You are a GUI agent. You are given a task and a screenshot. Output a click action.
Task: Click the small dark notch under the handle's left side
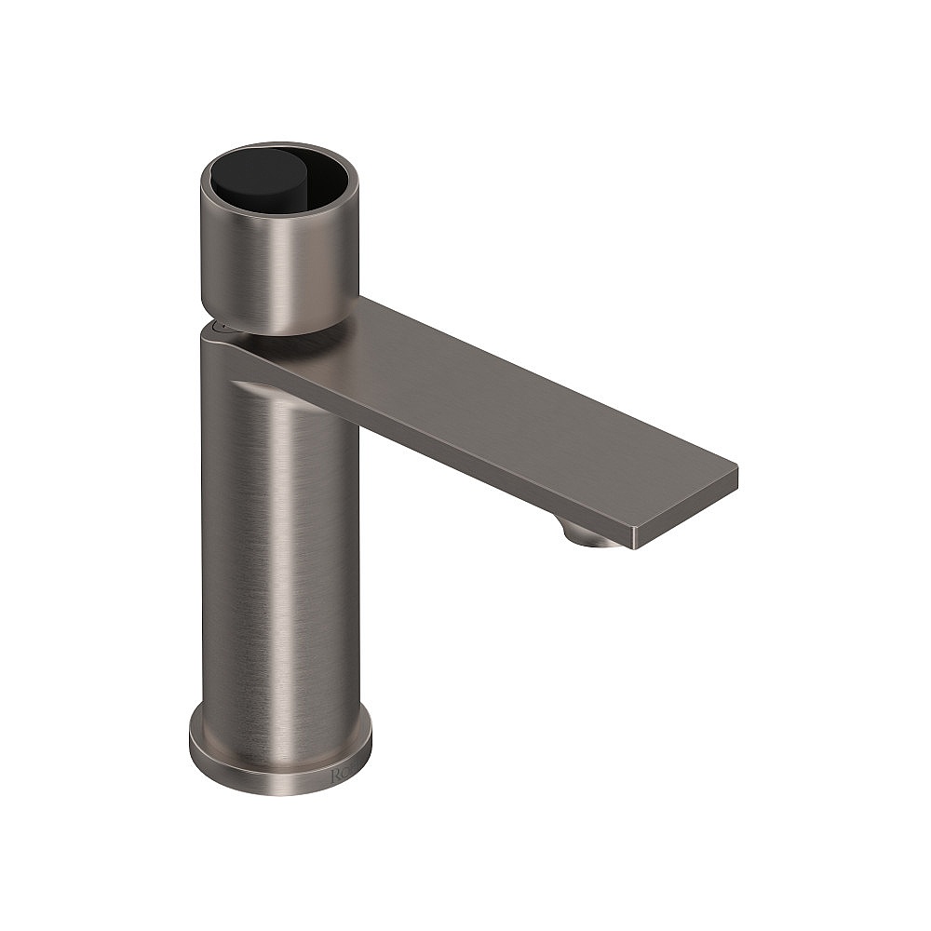(220, 326)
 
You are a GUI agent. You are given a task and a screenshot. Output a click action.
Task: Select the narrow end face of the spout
(684, 512)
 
